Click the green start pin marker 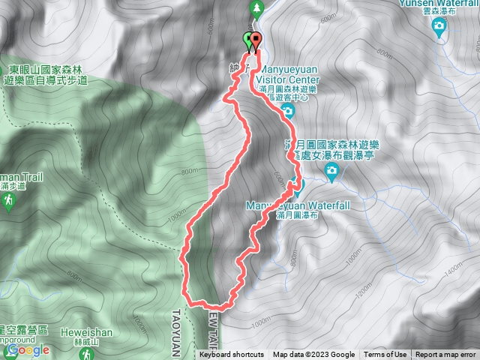click(x=248, y=40)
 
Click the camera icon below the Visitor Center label click(x=287, y=112)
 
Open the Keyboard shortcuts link click(x=232, y=355)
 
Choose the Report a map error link click(x=445, y=355)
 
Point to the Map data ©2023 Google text click(x=313, y=355)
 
